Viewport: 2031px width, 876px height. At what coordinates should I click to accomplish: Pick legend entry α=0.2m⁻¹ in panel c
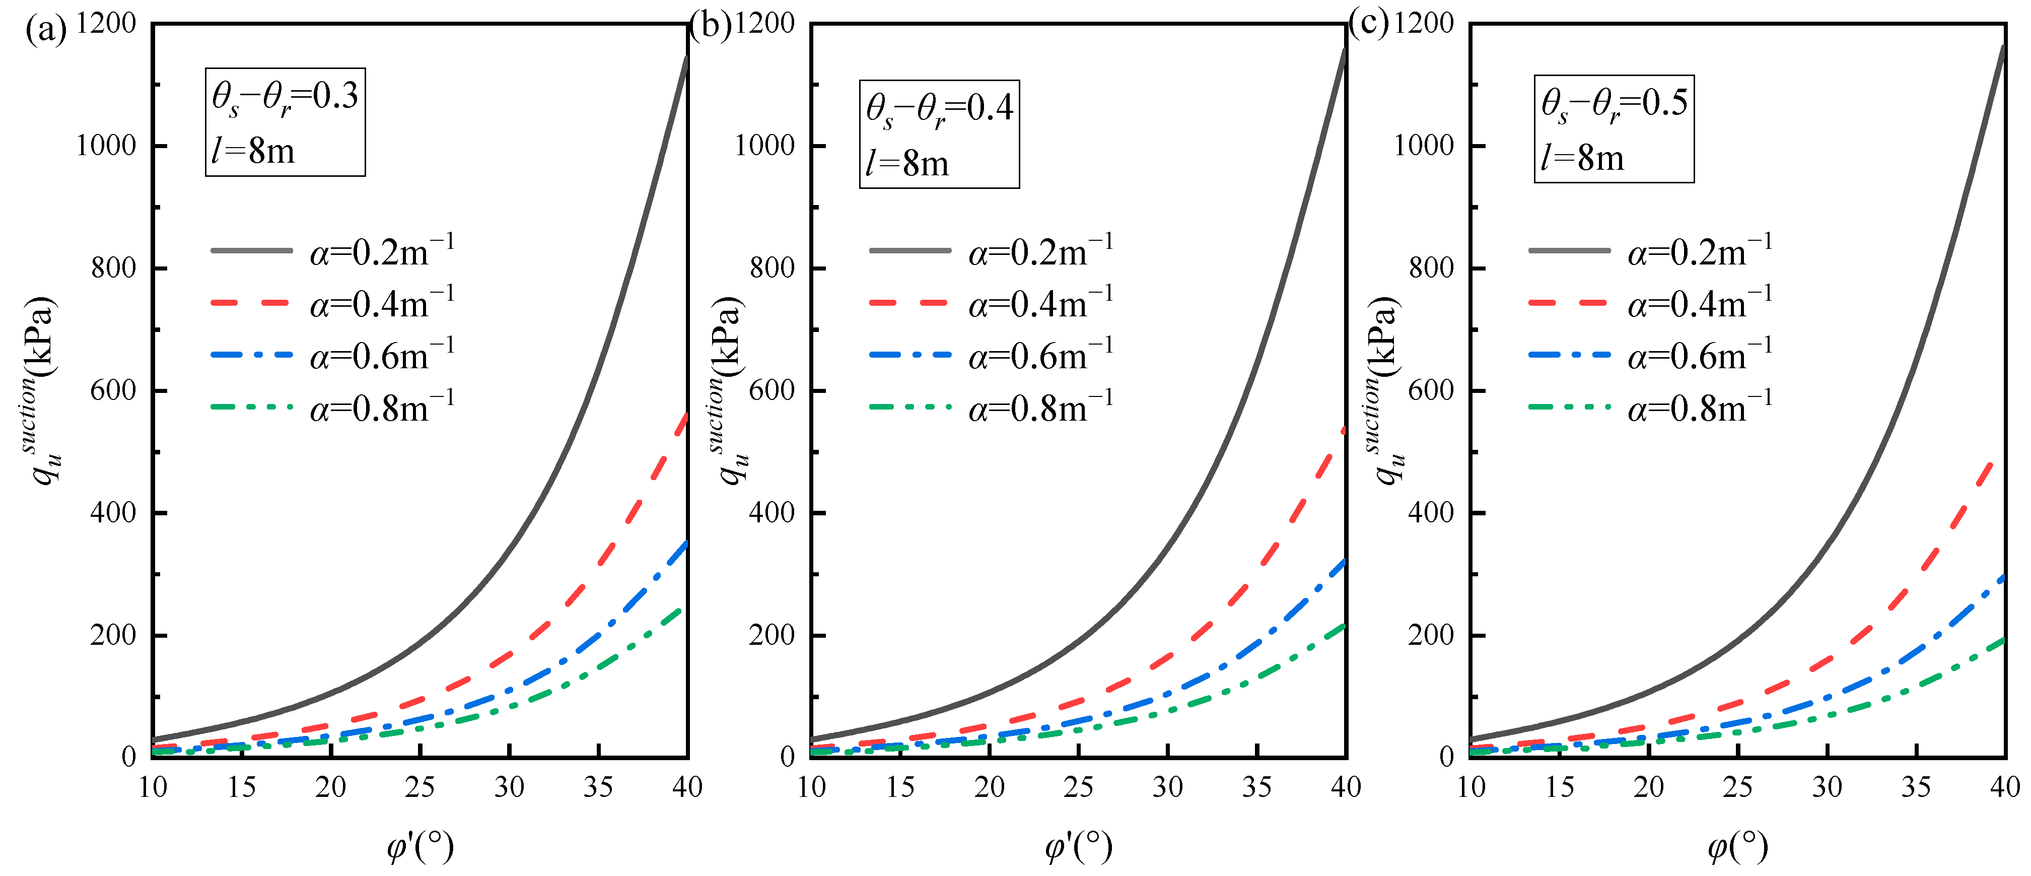tap(1700, 251)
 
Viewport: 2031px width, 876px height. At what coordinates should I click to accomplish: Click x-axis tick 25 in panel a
tap(419, 787)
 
